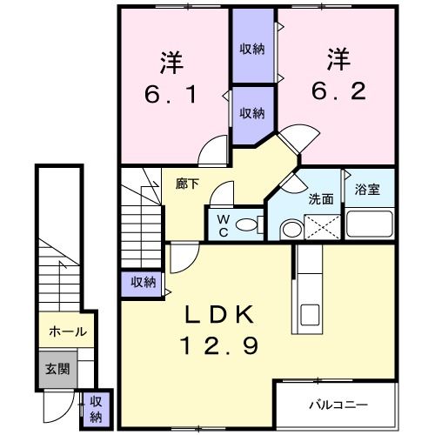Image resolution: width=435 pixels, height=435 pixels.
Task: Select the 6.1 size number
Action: (170, 94)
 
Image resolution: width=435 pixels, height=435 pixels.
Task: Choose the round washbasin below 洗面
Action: (291, 229)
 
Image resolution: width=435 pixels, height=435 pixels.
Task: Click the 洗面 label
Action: (321, 198)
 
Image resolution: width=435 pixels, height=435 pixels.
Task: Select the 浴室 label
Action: (367, 191)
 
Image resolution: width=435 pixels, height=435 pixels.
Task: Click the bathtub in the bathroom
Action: (370, 224)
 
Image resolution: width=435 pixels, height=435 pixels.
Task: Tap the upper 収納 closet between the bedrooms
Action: (252, 49)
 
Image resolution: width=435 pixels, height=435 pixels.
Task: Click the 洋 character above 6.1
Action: (170, 63)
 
